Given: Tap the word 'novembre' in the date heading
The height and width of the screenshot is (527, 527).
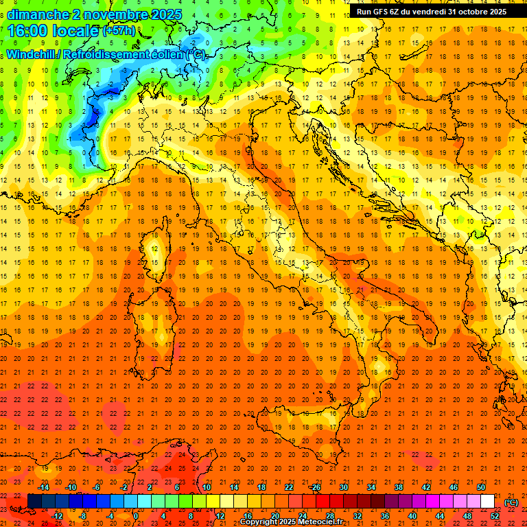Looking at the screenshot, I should [115, 14].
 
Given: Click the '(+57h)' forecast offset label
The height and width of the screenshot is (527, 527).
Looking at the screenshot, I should [119, 31].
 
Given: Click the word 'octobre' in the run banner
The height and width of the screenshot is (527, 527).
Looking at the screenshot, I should [468, 11].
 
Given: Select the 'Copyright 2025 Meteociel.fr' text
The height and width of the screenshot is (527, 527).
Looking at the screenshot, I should [292, 522].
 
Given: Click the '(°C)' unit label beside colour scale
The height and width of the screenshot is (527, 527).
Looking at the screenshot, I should [511, 502].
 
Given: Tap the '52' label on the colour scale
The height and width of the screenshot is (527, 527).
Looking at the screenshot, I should [495, 515].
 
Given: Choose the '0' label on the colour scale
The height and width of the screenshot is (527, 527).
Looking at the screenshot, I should [135, 515].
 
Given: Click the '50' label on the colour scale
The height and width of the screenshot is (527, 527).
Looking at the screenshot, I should [481, 487].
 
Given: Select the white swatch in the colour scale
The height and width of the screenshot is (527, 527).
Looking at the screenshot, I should [488, 501].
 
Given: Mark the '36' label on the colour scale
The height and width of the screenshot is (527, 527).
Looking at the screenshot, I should [385, 515].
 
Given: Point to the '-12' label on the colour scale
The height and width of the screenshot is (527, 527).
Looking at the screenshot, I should [58, 515].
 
